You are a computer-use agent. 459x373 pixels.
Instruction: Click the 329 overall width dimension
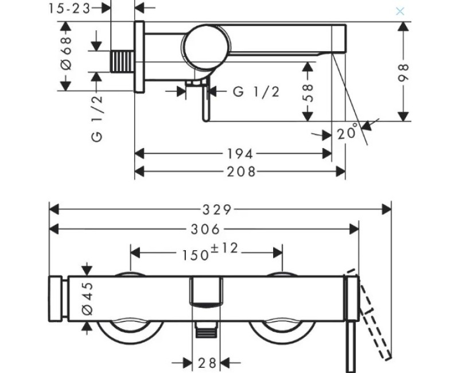(x=217, y=210)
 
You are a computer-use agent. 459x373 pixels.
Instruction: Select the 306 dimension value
(x=205, y=230)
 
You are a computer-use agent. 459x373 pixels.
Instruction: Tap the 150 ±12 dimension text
(x=210, y=252)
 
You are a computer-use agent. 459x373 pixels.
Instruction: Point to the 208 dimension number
(x=242, y=172)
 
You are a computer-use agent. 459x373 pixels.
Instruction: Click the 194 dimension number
(x=240, y=154)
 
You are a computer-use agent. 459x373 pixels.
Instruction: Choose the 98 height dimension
(x=404, y=73)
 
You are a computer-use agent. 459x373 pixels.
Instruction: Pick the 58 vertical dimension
(x=308, y=93)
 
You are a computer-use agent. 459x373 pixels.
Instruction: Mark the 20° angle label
(x=348, y=132)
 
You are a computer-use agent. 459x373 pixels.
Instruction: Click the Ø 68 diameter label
(x=67, y=53)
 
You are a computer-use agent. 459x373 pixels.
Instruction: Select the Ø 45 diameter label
(x=88, y=298)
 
